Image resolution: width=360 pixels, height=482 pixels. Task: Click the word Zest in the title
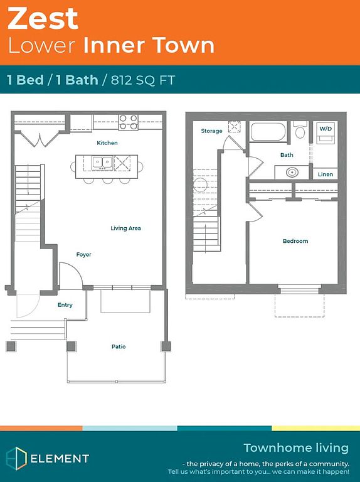coord(43,19)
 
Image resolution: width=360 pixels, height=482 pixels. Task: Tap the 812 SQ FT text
coord(143,80)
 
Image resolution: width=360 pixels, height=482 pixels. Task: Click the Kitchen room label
coord(107,142)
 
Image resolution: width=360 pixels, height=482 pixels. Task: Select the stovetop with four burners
coord(129,122)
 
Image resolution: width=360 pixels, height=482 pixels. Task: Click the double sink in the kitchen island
coord(103,163)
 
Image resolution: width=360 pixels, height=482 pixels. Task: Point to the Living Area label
coord(125,228)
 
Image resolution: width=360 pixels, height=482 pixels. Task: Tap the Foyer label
coord(84,255)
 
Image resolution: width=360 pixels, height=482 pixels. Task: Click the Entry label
coord(65,304)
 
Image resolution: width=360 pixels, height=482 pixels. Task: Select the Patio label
coord(119,346)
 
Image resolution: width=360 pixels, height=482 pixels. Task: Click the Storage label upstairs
coord(211,131)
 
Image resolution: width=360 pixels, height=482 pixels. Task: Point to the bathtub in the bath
coord(268,132)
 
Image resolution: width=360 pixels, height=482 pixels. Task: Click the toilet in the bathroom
coord(300,130)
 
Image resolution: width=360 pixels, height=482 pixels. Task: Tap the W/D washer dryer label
coord(326,129)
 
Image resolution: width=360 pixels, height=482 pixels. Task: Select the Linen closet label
coord(326,174)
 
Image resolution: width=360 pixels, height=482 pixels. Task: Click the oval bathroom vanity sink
coord(292,172)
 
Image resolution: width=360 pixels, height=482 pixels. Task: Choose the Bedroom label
coord(295,241)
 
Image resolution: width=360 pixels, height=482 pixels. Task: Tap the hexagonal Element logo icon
coord(16,458)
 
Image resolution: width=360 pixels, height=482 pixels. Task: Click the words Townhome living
coord(296,448)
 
